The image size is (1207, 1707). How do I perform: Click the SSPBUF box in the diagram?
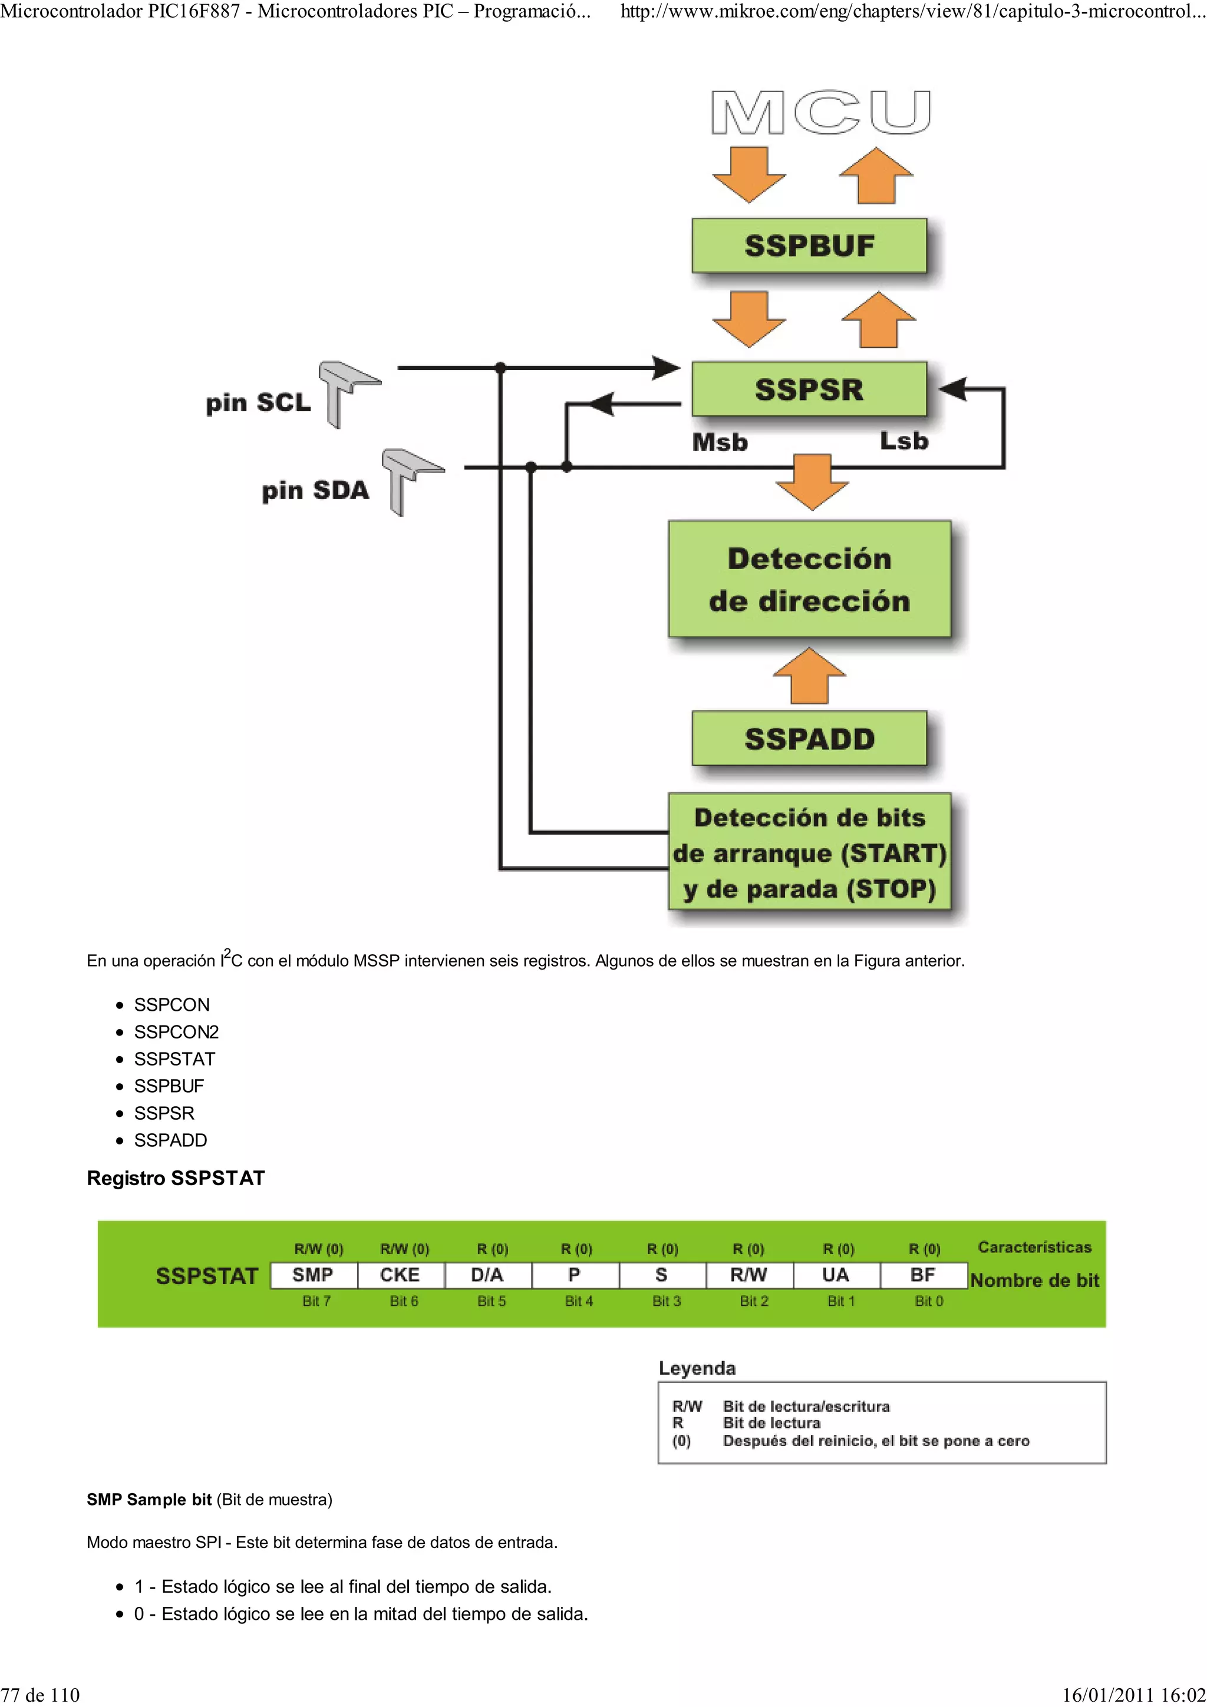pos(809,246)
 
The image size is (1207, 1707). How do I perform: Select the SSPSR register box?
pos(809,389)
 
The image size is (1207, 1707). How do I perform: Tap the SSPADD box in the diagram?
pos(809,738)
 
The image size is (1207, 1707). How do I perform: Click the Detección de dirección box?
pos(809,579)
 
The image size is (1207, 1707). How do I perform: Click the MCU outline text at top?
pos(820,113)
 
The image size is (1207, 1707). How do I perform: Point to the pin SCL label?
pos(258,402)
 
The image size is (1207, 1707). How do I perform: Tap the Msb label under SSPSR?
pos(719,442)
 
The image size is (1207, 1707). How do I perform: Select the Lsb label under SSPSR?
pos(903,441)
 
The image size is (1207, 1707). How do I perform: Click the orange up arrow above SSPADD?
pos(809,675)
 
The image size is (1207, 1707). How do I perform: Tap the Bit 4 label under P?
pos(579,1301)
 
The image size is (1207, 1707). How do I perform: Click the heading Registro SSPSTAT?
pos(176,1179)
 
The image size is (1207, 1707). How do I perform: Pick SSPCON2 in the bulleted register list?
pos(176,1032)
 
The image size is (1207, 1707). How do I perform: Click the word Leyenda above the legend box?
pos(697,1368)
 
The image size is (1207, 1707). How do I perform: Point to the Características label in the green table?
pos(1034,1247)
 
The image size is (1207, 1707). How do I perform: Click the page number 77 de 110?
pos(40,1695)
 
